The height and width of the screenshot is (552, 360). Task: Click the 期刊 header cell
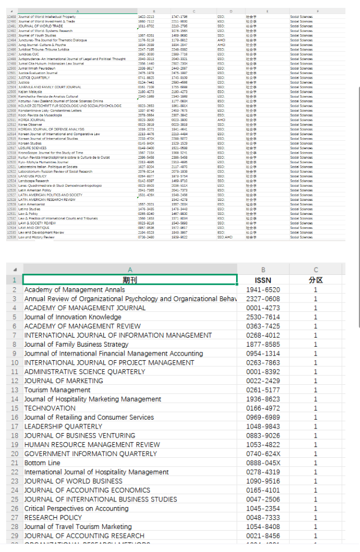pyautogui.click(x=130, y=280)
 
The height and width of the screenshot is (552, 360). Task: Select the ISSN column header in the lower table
pyautogui.click(x=263, y=280)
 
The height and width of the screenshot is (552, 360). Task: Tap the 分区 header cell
pyautogui.click(x=316, y=280)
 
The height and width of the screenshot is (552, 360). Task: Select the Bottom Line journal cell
pyautogui.click(x=42, y=463)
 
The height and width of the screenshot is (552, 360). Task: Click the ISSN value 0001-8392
pyautogui.click(x=263, y=372)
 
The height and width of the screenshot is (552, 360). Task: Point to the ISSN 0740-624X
pyautogui.click(x=263, y=454)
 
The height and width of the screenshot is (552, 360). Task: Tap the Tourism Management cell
pyautogui.click(x=57, y=390)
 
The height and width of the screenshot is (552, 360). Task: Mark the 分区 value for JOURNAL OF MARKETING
pyautogui.click(x=316, y=381)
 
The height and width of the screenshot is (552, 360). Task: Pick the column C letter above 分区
pyautogui.click(x=316, y=270)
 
